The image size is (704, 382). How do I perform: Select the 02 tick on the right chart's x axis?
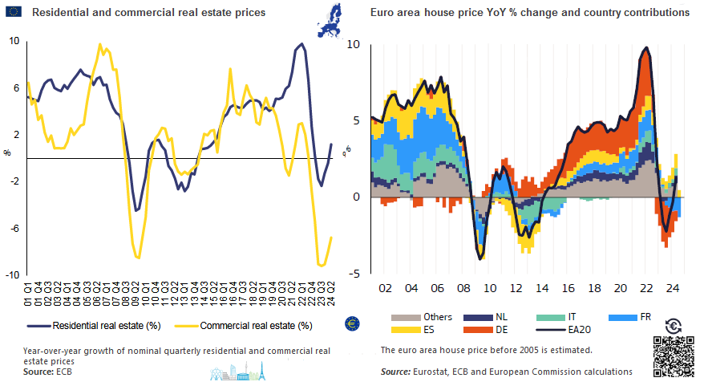pos(386,287)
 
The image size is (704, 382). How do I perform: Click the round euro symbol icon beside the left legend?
pos(350,323)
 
